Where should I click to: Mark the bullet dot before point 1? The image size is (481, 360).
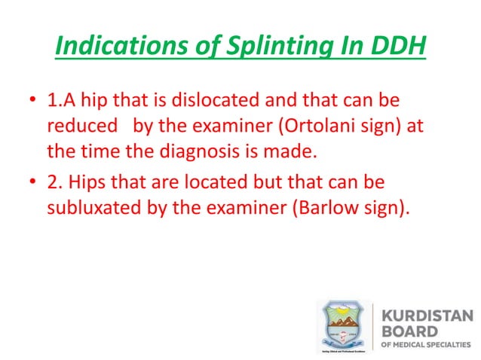coord(32,100)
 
